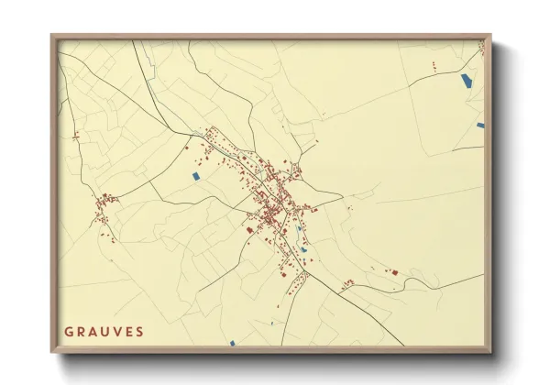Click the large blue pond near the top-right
coord(466,80)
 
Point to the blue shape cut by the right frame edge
coord(479,125)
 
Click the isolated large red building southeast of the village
coord(394,271)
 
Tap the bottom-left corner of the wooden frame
coord(52,351)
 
